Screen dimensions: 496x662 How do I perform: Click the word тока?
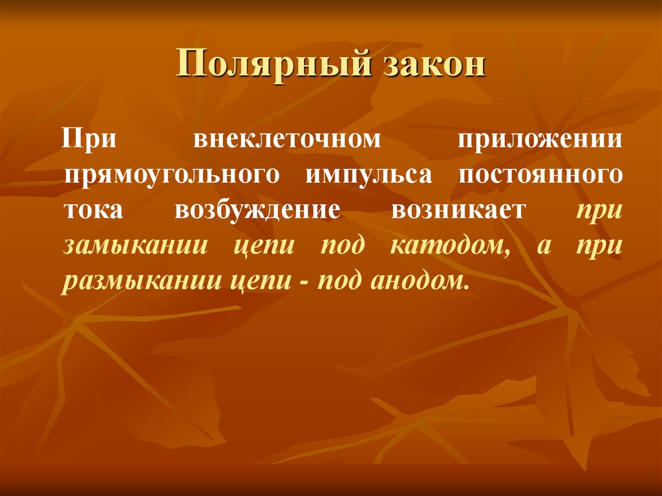(x=90, y=211)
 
